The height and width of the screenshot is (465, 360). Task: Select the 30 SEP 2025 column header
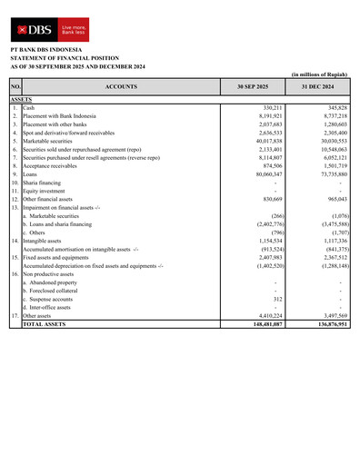[x=251, y=86]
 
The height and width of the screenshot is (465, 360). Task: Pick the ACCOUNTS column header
[x=120, y=86]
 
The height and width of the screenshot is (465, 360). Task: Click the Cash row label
[x=29, y=107]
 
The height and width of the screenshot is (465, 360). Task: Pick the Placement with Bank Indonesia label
[x=61, y=115]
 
